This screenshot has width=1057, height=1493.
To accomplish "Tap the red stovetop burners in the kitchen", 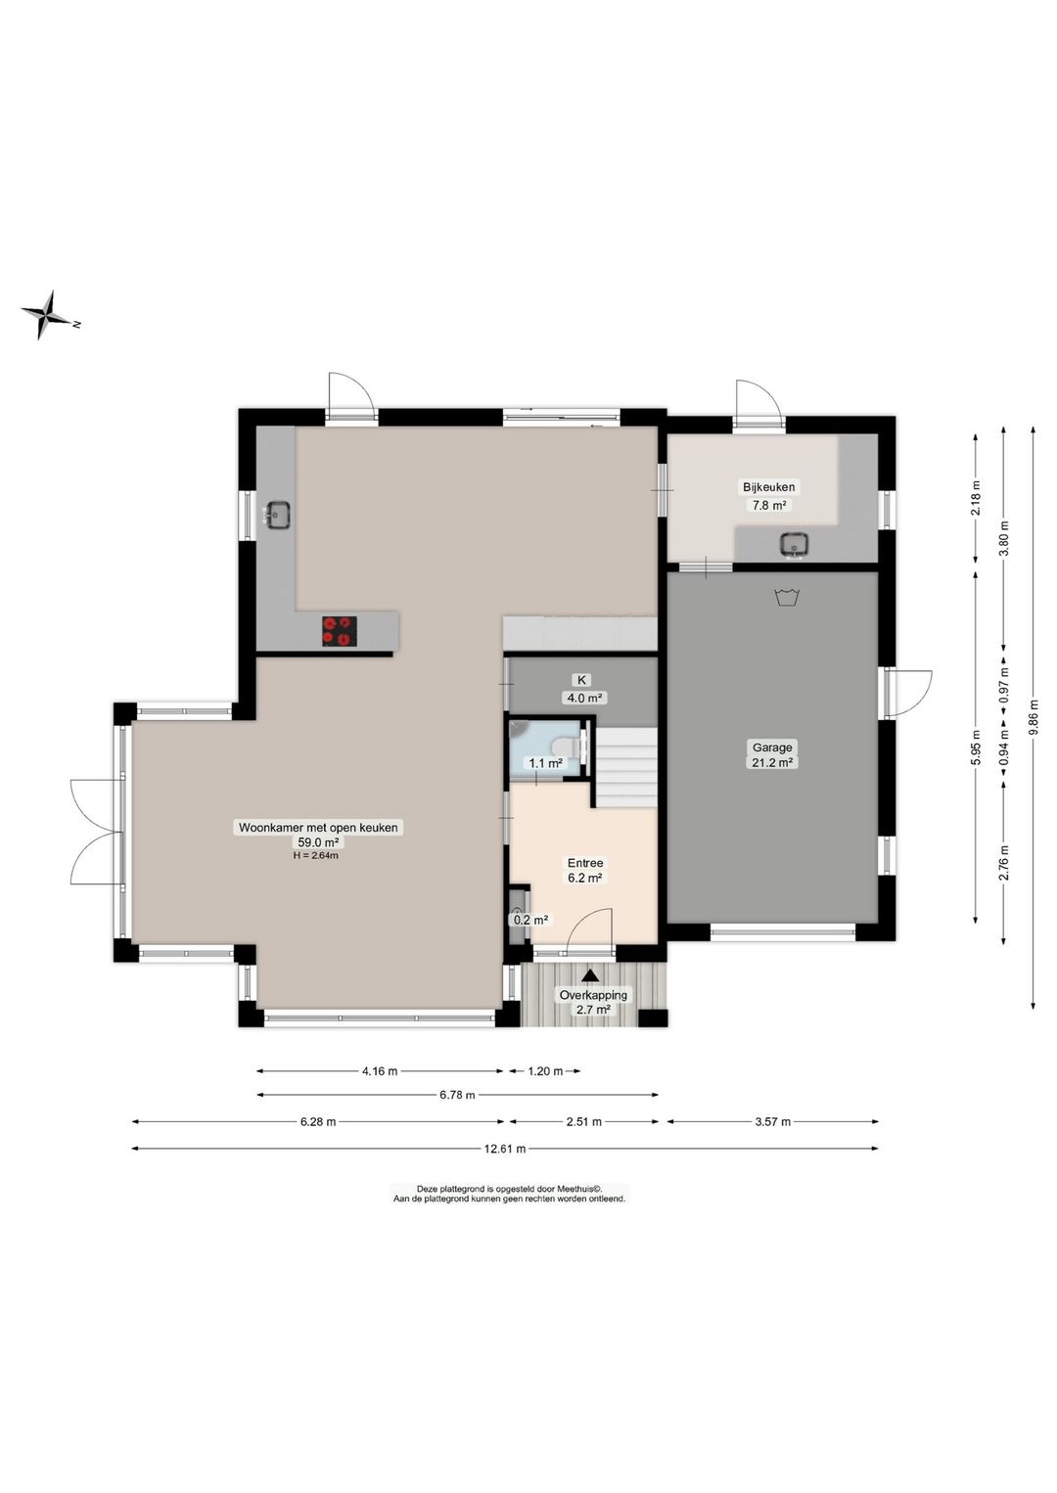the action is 340,630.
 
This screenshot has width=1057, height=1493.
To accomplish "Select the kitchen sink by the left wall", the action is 276,514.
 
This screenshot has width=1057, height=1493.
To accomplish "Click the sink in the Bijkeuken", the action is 795,544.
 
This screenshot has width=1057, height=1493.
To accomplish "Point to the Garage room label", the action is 772,747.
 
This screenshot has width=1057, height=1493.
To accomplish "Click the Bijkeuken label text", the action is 769,486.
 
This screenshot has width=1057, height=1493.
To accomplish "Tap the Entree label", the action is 585,863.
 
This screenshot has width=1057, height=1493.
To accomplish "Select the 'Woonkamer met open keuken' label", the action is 318,828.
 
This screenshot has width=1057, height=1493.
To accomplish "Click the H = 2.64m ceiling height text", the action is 315,856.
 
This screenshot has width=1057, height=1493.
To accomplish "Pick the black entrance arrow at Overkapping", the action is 589,975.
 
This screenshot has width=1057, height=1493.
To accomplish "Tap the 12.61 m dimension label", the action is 505,1149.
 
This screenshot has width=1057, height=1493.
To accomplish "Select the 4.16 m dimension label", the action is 380,1071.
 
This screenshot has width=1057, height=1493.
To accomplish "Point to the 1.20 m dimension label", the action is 545,1071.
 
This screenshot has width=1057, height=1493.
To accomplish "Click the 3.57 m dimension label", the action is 772,1122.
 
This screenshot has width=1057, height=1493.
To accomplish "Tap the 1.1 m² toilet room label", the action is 545,763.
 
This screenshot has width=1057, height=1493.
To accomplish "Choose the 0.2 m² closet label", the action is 530,920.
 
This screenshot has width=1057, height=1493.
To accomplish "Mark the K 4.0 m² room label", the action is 582,689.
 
